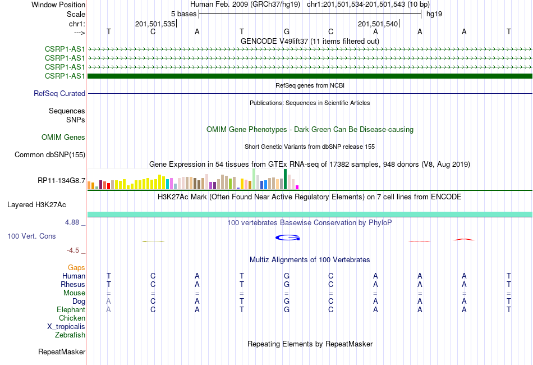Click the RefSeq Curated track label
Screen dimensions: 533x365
[x=59, y=94]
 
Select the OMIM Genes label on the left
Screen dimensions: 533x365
[x=63, y=137]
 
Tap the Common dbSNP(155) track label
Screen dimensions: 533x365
[x=50, y=155]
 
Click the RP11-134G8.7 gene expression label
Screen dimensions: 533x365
[x=62, y=181]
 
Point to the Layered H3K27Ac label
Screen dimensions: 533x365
[x=36, y=205]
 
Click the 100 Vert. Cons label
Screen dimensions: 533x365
[x=31, y=236]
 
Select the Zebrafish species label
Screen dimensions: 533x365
[x=70, y=335]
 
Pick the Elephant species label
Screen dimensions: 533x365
[x=71, y=309]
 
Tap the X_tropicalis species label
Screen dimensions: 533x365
[x=66, y=327]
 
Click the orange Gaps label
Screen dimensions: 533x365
[x=76, y=268]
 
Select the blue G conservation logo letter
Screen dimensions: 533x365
[x=288, y=238]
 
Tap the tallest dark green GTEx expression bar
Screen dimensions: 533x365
[x=285, y=179]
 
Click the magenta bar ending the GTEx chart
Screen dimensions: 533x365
[x=297, y=187]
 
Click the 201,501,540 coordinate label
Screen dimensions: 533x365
[x=378, y=24]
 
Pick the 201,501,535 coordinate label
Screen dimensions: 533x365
[x=155, y=24]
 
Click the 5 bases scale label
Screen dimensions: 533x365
[x=183, y=14]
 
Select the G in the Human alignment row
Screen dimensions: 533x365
[x=287, y=276]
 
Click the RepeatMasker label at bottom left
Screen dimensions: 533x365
[x=62, y=352]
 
